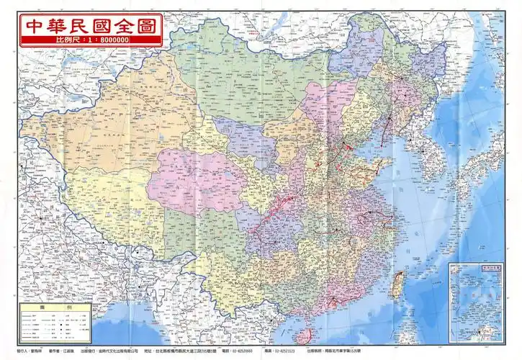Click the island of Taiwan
click(x=395, y=285)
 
